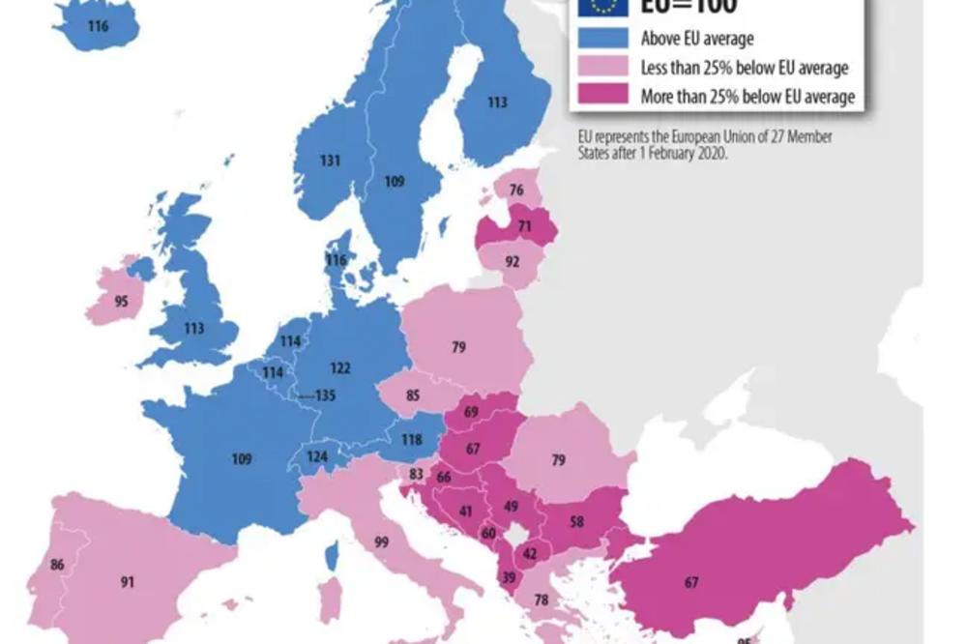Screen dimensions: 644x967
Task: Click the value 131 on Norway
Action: (x=330, y=161)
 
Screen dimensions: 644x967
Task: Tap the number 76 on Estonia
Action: (x=516, y=190)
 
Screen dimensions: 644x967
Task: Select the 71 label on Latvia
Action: (x=524, y=226)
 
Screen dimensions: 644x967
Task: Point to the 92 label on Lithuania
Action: (x=512, y=260)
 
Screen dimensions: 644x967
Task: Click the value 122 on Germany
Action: (x=339, y=368)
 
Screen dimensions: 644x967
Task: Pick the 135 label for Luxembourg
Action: (x=325, y=395)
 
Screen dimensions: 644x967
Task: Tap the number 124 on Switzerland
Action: (x=318, y=456)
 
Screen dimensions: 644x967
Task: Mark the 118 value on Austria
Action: (x=411, y=440)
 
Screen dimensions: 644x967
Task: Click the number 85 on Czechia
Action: (x=412, y=395)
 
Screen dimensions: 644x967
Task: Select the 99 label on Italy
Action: (x=381, y=542)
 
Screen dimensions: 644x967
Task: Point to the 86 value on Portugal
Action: (x=57, y=565)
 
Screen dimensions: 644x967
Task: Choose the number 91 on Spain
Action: (x=128, y=582)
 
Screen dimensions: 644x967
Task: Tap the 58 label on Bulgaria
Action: (x=576, y=522)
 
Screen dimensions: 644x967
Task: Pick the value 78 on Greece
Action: (x=541, y=600)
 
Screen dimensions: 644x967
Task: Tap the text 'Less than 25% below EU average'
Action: (x=745, y=68)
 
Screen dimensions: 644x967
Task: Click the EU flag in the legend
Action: (x=602, y=7)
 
